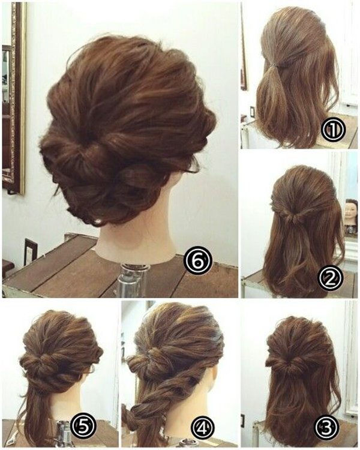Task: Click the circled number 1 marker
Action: coord(334,130)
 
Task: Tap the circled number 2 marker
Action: coord(331,277)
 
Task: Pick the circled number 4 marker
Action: coord(203,428)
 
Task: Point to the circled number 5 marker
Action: coord(83,428)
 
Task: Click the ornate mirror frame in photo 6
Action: coord(14,98)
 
